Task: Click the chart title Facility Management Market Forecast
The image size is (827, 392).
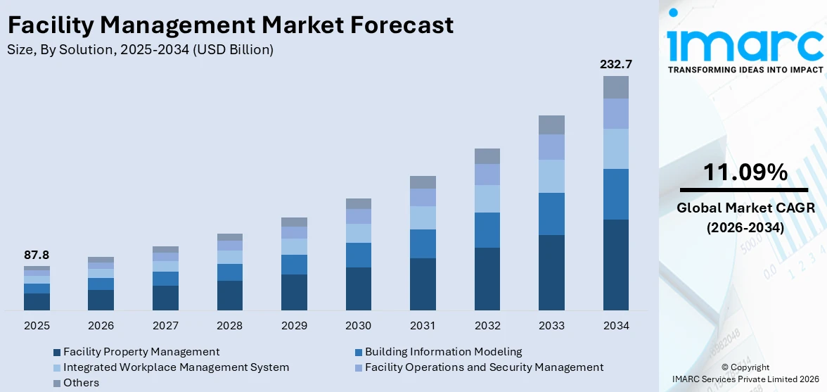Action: click(x=231, y=25)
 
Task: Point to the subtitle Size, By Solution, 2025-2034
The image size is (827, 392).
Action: click(x=140, y=50)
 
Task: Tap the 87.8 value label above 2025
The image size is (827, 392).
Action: click(x=37, y=255)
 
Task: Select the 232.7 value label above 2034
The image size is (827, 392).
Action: click(x=615, y=64)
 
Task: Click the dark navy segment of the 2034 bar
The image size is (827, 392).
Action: click(x=615, y=265)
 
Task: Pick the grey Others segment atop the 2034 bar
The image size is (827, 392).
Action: click(x=615, y=87)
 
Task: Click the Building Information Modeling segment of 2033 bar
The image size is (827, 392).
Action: click(x=551, y=214)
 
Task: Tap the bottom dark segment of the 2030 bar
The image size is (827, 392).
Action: click(x=358, y=289)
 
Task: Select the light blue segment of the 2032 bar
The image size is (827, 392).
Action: click(x=487, y=199)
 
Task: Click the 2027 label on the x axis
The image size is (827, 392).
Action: click(x=165, y=326)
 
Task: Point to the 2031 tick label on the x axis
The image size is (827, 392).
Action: click(x=423, y=326)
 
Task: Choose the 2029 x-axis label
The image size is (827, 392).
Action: click(x=294, y=326)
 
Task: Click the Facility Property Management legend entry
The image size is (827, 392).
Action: click(x=141, y=351)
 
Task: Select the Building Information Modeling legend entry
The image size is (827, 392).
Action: click(x=443, y=351)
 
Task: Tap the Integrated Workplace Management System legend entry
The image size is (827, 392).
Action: click(x=176, y=367)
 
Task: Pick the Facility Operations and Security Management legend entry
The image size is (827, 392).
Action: click(x=484, y=367)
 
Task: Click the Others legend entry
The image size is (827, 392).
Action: click(x=81, y=383)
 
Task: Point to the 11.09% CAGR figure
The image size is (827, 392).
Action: click(x=745, y=172)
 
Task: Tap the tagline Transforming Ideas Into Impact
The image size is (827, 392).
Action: click(x=745, y=70)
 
